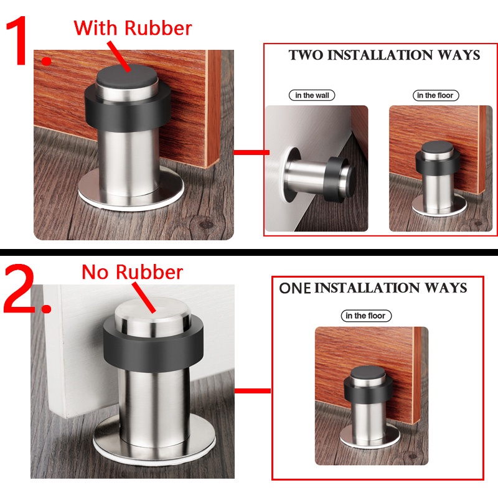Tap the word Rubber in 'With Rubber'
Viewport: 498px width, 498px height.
[x=158, y=28]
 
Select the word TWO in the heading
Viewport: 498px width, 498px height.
[x=306, y=55]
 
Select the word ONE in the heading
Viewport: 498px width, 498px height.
[x=294, y=288]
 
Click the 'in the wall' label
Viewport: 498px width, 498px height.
[x=312, y=95]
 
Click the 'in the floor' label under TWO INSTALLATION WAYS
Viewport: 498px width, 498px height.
[x=435, y=95]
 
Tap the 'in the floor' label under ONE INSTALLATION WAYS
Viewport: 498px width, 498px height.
[x=366, y=316]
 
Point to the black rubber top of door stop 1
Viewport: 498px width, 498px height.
[x=127, y=77]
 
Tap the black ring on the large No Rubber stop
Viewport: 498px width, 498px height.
[x=153, y=347]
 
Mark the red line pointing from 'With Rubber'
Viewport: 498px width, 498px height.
[x=119, y=57]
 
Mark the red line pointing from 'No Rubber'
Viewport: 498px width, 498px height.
[x=144, y=298]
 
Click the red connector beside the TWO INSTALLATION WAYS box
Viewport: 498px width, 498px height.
[x=251, y=153]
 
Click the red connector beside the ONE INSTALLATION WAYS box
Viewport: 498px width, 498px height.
[x=253, y=391]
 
